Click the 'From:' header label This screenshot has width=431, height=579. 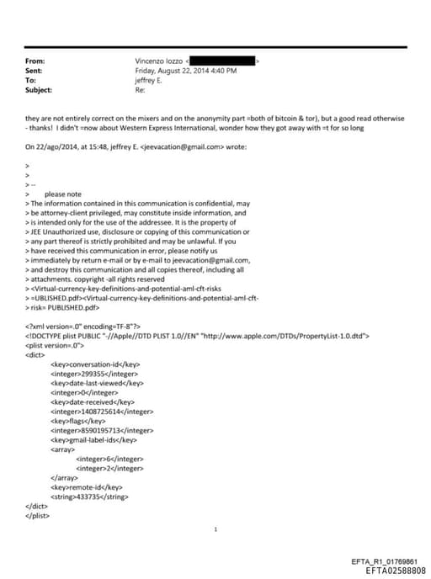(x=35, y=61)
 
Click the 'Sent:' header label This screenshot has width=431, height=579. (x=35, y=71)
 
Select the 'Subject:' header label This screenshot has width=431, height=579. (x=39, y=89)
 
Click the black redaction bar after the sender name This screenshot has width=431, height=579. (x=222, y=61)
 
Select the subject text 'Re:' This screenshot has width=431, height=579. (x=140, y=89)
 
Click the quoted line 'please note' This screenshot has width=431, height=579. (x=63, y=194)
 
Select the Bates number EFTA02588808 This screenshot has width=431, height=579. (x=396, y=570)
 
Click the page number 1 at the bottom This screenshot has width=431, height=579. (x=216, y=530)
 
